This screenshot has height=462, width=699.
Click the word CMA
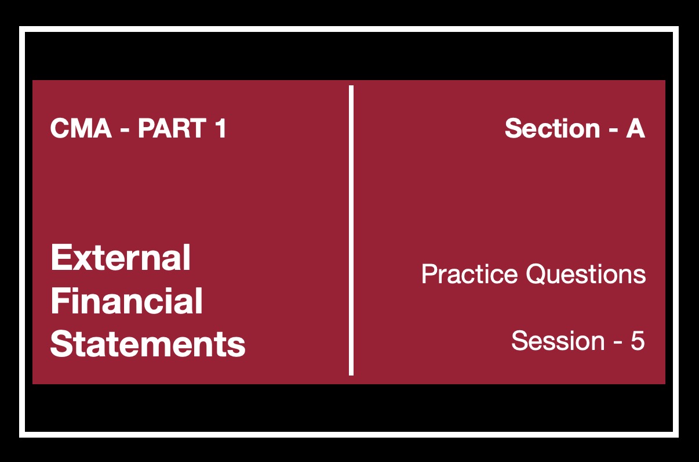(81, 128)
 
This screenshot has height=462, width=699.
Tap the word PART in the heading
(172, 128)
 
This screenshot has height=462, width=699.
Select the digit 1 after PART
(221, 128)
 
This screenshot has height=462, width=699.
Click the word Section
(552, 128)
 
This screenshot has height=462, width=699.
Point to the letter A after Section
(635, 128)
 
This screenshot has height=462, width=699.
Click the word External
(121, 258)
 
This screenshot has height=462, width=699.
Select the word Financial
(127, 301)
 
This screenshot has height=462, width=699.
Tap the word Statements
(148, 344)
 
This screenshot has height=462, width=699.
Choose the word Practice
(469, 274)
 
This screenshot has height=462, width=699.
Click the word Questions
(586, 274)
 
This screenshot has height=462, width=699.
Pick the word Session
(558, 341)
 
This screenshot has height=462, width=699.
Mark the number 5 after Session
(638, 341)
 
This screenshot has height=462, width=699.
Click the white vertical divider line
(351, 230)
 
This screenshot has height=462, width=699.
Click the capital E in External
(60, 258)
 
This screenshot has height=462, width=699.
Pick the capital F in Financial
(60, 301)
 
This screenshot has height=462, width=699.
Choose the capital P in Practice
(429, 274)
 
